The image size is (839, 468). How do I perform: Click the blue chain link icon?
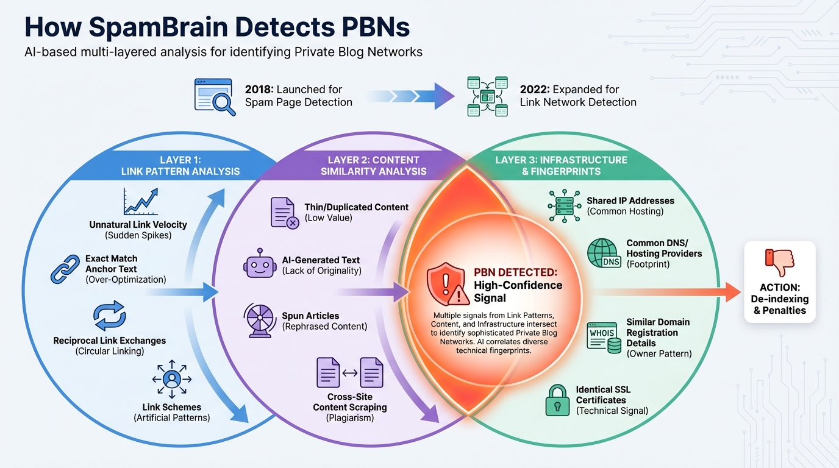coord(65,269)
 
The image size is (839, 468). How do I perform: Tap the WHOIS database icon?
coord(603,336)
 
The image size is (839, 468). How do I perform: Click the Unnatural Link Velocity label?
coord(138,224)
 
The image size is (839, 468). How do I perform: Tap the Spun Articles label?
coord(310,316)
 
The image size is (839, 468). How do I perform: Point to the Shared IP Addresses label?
coord(630,200)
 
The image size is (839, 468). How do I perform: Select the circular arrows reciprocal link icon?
coord(109,316)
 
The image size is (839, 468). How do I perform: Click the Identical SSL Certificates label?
coord(604,394)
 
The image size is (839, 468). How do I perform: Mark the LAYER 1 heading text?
coord(180,160)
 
